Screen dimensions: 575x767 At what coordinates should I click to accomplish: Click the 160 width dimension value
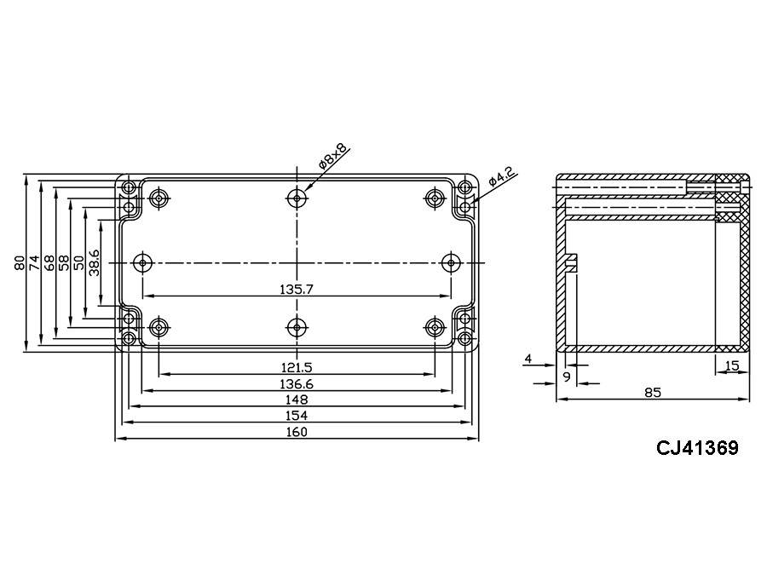[297, 432]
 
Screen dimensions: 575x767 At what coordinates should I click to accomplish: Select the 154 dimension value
[297, 416]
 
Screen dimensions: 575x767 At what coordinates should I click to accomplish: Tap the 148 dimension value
[297, 400]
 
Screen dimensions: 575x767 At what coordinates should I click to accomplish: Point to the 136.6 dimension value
[297, 384]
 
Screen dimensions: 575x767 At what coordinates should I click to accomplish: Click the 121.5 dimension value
[297, 367]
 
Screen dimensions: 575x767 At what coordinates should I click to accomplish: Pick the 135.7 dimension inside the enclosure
[297, 290]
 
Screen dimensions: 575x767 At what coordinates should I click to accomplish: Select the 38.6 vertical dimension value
[95, 263]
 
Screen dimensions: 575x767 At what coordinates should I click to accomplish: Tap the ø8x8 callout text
[332, 157]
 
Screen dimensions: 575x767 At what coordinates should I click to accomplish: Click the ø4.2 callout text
[501, 179]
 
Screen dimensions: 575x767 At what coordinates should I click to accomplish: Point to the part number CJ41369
[696, 447]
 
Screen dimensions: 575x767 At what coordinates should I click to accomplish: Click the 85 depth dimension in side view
[653, 393]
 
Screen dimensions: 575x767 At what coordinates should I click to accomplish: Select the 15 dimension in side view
[731, 366]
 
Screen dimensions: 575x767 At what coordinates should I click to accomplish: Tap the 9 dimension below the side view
[567, 375]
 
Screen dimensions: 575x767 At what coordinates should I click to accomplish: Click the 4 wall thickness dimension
[528, 359]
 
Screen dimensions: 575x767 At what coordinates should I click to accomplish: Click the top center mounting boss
[296, 198]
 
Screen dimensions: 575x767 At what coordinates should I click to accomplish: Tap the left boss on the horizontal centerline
[141, 262]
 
